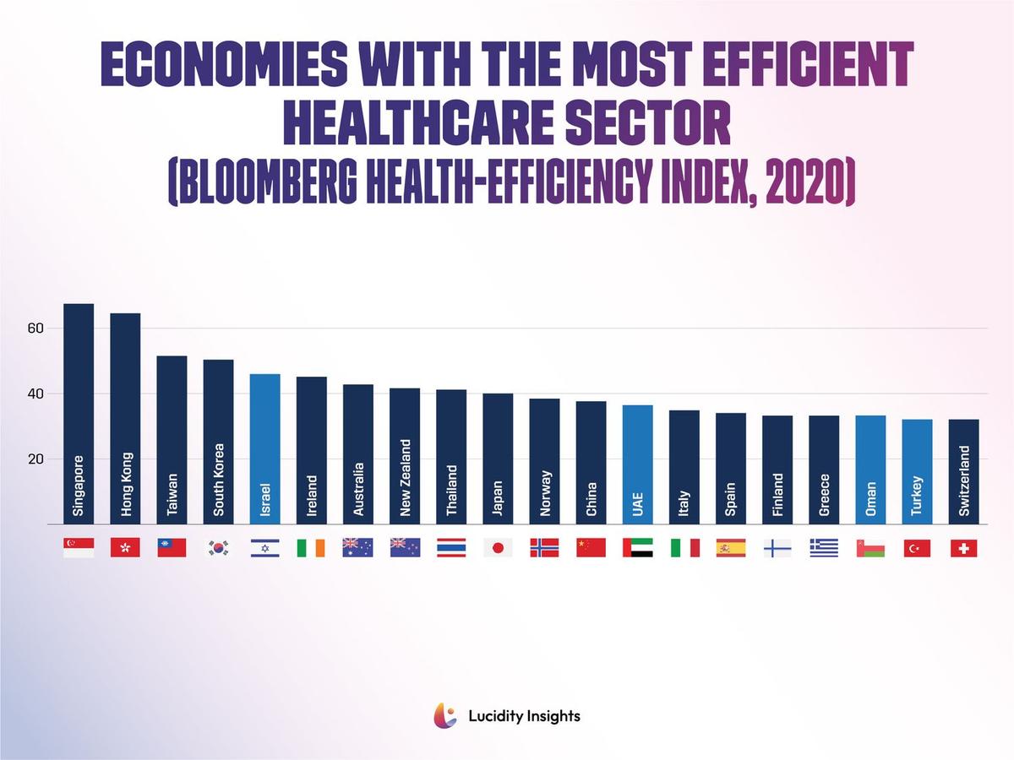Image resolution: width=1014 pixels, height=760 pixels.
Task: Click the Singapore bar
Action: click(x=79, y=414)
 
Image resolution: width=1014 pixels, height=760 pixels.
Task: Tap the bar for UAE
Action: click(x=637, y=464)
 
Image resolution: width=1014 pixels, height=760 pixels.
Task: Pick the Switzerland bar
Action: click(x=963, y=471)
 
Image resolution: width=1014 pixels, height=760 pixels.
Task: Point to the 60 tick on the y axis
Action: click(x=35, y=328)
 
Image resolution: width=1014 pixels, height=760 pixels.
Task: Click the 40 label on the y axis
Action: click(x=35, y=394)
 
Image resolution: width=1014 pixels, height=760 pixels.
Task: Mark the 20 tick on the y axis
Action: click(x=35, y=459)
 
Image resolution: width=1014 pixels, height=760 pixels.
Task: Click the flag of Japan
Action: click(x=498, y=548)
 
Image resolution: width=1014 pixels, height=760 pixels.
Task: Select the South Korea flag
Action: click(x=218, y=548)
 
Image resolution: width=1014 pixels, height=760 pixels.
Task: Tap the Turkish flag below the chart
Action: click(x=917, y=548)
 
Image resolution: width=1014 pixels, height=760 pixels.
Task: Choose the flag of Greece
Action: click(x=824, y=548)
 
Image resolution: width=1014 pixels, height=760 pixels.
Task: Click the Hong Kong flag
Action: click(x=125, y=548)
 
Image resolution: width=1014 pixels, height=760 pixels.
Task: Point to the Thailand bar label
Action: click(x=451, y=491)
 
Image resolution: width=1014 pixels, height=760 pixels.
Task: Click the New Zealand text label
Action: click(x=405, y=478)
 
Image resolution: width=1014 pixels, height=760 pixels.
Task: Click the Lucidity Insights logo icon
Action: click(x=444, y=716)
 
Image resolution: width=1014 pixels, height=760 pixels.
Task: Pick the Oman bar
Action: click(x=870, y=470)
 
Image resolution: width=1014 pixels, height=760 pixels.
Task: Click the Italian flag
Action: click(x=684, y=548)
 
